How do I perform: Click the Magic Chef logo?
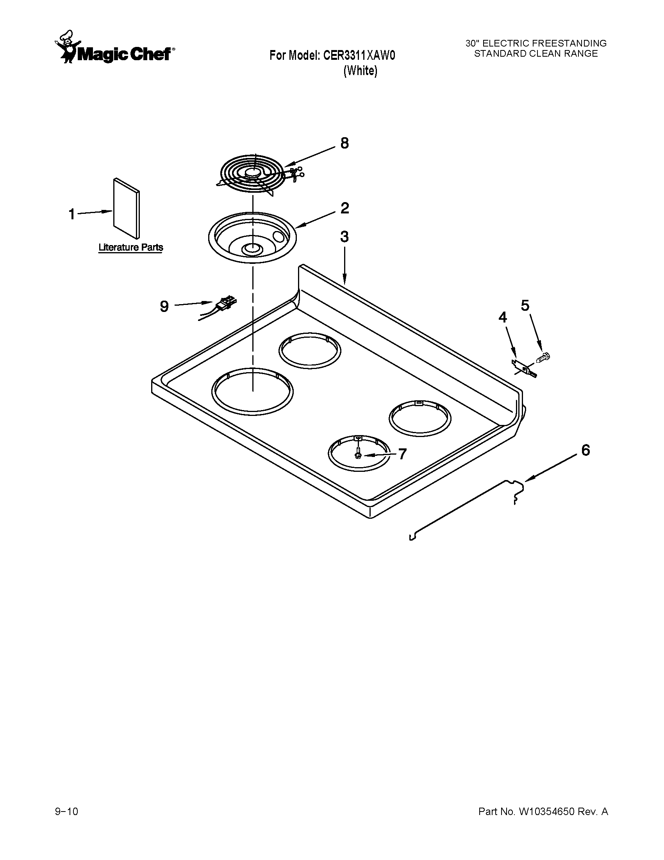[114, 49]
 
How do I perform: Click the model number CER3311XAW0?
[359, 56]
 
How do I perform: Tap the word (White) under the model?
[361, 71]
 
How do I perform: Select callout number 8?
[344, 144]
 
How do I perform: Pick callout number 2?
[344, 208]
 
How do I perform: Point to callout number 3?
[344, 237]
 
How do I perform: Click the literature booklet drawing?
[126, 209]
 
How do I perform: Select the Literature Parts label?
[130, 248]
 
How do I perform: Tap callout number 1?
[71, 215]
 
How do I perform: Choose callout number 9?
[164, 306]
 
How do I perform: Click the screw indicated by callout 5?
[544, 358]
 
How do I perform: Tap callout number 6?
[585, 450]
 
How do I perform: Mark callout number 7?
[402, 454]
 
